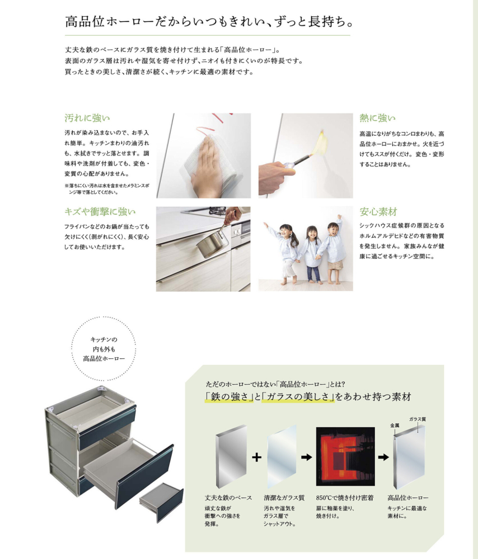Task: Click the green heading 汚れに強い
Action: click(x=87, y=118)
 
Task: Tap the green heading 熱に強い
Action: click(x=377, y=118)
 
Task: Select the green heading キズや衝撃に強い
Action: click(x=100, y=212)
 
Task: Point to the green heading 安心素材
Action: click(x=378, y=212)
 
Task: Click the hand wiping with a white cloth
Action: click(x=205, y=167)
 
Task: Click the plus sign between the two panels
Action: click(x=256, y=457)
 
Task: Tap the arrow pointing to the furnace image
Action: click(x=306, y=457)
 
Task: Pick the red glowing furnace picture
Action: click(x=345, y=456)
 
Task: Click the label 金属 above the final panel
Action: click(x=395, y=425)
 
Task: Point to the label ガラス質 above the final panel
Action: click(x=418, y=419)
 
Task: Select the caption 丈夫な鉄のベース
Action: click(x=228, y=498)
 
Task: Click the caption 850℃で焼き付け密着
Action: click(x=344, y=498)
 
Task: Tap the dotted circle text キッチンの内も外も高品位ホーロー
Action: click(x=104, y=349)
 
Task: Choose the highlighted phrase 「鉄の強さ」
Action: click(x=229, y=397)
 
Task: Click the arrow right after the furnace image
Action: click(x=383, y=457)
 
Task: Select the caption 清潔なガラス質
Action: click(x=284, y=498)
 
